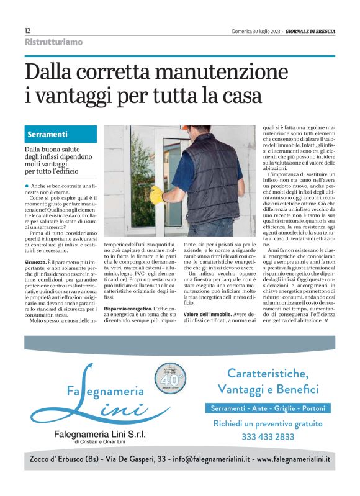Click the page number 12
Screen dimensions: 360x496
click(x=27, y=30)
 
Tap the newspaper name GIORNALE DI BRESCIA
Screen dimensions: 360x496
click(x=310, y=30)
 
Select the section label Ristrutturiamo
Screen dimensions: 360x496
click(x=53, y=42)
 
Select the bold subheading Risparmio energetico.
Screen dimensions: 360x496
click(x=128, y=309)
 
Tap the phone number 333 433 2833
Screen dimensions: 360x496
click(x=268, y=436)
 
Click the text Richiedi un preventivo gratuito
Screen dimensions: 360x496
click(x=268, y=423)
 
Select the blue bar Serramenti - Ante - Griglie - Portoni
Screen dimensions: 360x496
click(x=268, y=408)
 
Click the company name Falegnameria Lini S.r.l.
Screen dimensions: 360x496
click(x=99, y=435)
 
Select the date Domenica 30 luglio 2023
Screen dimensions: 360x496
click(x=256, y=30)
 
